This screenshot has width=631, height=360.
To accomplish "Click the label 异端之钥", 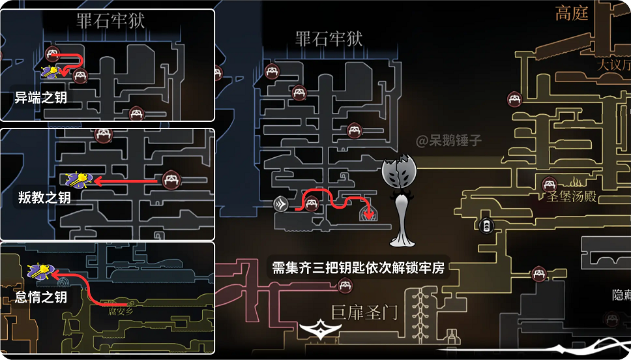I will [x=41, y=98].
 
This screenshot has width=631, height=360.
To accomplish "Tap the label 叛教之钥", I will [x=44, y=198].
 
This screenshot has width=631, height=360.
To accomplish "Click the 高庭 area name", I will [x=572, y=13].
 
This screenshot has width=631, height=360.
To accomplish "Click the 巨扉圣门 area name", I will [x=364, y=313].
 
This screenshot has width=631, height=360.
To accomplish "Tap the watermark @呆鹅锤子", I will [x=449, y=140].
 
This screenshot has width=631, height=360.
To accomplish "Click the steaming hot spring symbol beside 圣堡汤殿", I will [x=576, y=181].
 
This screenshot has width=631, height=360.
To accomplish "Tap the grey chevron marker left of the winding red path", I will [x=280, y=204].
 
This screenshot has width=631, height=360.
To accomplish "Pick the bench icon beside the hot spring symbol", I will [x=549, y=184].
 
